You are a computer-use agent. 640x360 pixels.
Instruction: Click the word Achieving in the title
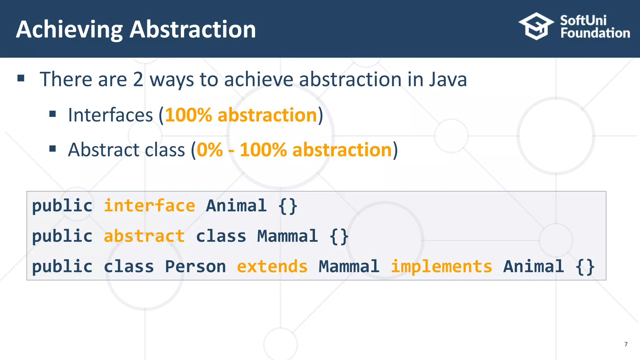tap(69, 30)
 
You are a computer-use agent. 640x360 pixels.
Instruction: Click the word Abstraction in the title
tap(193, 30)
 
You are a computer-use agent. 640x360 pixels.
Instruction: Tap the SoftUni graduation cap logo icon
tap(536, 26)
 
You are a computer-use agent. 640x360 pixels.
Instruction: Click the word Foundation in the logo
tap(595, 33)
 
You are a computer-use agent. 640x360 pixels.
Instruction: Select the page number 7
tap(626, 344)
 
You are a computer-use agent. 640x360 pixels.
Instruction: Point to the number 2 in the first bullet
tap(138, 79)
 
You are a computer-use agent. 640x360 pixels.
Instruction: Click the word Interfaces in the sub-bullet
tap(110, 115)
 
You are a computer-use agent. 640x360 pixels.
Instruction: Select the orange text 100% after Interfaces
tap(188, 115)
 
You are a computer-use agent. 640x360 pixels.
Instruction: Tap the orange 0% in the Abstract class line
tap(210, 150)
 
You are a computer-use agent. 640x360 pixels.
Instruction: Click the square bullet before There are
tap(21, 78)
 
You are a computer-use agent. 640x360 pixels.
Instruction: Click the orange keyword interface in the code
tap(149, 206)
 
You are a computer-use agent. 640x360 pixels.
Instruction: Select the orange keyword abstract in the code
tap(144, 236)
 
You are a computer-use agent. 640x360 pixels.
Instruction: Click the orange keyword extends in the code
tap(272, 267)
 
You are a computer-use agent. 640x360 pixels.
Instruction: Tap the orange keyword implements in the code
tap(441, 267)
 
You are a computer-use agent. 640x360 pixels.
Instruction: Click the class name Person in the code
tap(195, 267)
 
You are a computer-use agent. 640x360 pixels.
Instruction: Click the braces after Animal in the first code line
tap(288, 206)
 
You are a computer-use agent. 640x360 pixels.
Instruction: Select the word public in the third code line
tap(62, 267)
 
